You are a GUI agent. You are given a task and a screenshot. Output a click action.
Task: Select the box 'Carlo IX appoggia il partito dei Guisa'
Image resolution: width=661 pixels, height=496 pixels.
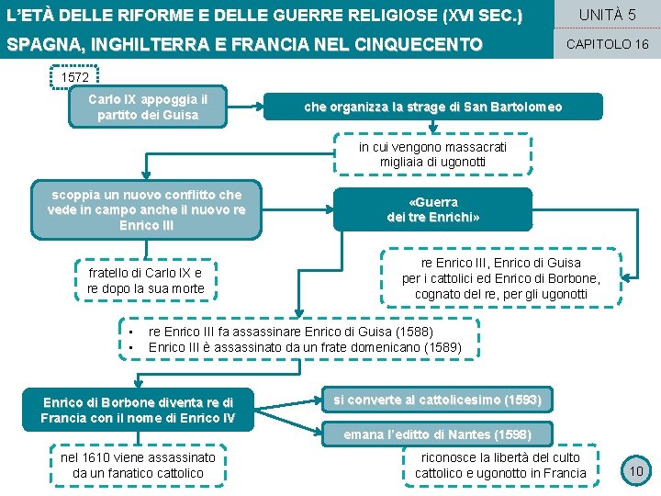coord(148,107)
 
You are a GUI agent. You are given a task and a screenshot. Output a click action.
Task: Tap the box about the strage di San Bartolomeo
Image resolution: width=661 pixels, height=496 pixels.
coord(433,107)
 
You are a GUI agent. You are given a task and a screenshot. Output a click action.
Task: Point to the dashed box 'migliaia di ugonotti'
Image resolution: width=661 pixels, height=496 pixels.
coord(432,154)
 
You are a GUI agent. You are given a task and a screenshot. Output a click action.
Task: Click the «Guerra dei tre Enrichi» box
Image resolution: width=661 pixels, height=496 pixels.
coord(432,209)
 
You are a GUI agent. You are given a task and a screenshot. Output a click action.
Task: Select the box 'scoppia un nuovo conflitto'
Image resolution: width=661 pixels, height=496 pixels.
coord(147,209)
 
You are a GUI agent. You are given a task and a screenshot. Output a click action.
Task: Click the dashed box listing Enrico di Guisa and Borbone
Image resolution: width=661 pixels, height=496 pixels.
coord(501,278)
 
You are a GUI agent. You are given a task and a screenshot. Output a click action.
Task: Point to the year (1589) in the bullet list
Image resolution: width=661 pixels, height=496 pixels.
coord(443,347)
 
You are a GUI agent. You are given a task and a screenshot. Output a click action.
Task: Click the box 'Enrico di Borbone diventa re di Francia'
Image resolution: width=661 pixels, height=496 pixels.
coord(138,411)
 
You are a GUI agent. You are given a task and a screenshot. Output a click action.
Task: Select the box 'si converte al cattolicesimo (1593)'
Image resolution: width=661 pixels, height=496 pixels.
coord(437,400)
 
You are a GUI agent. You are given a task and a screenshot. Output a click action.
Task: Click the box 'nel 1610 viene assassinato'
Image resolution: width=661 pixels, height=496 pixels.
coord(138,465)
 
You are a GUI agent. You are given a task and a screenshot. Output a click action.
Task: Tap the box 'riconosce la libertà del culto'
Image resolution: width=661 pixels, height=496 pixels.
coord(500,465)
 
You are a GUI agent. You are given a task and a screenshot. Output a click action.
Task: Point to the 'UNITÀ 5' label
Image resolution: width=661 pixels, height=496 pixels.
coord(607,15)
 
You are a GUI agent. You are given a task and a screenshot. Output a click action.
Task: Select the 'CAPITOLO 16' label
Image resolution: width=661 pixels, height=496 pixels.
coord(607,43)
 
